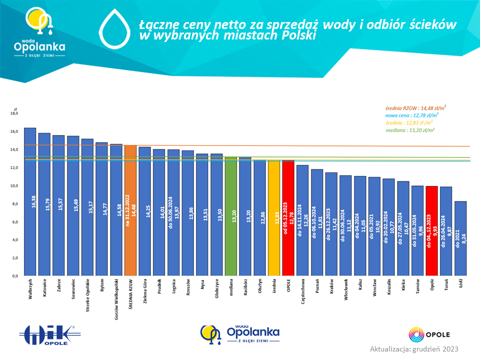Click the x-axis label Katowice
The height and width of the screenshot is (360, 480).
[x=44, y=288]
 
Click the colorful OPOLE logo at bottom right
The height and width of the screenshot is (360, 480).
[x=430, y=334]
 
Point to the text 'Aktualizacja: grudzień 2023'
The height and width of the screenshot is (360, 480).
[x=414, y=348]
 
